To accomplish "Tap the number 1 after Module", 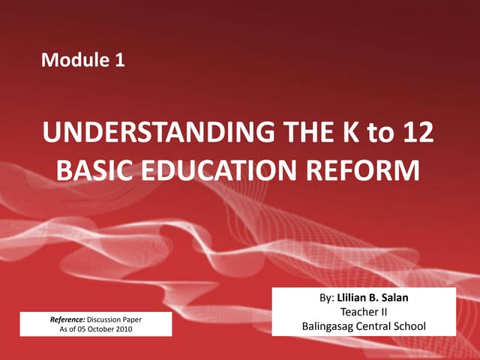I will tap(118, 61).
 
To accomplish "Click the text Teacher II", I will tap(363, 312).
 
